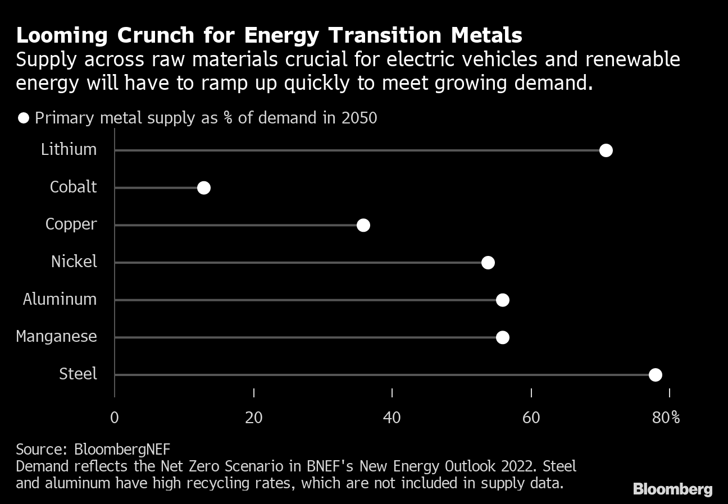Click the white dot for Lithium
pos(606,150)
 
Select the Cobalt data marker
pos(204,188)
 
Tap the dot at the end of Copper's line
pos(363,225)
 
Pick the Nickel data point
pos(488,263)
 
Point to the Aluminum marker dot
pos(503,300)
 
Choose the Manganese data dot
pos(503,337)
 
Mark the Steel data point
pos(655,375)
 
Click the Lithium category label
pos(69,150)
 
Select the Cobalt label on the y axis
pos(73,187)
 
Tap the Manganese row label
pos(56,337)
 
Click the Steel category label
pos(78,374)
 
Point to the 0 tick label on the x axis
pos(115,418)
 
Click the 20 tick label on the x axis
pos(254,418)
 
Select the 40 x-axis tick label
pos(392,418)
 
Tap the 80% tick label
pos(667,418)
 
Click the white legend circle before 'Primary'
pos(24,118)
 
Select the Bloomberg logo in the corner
pos(672,489)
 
